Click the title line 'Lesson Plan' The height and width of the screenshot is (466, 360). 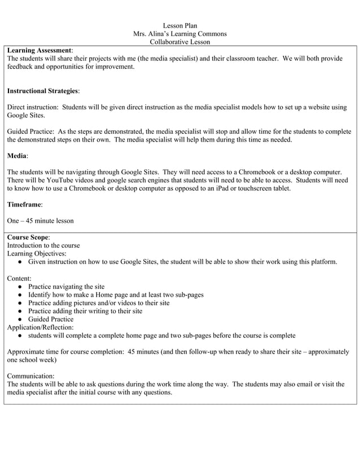[179, 26]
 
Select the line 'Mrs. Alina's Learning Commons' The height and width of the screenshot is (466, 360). [179, 34]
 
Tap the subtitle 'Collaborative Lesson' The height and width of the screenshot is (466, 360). [179, 42]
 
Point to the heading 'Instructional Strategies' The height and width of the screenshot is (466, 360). [43, 90]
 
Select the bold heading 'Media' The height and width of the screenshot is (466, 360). [17, 155]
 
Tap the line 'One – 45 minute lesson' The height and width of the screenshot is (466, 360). [40, 221]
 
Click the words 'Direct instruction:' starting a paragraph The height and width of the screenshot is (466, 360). [33, 107]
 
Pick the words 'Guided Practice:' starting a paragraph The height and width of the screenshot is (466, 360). [31, 131]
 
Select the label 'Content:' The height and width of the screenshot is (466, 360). [20, 278]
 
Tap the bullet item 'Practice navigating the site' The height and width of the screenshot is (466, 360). [66, 287]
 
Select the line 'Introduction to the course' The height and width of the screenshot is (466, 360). [43, 245]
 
